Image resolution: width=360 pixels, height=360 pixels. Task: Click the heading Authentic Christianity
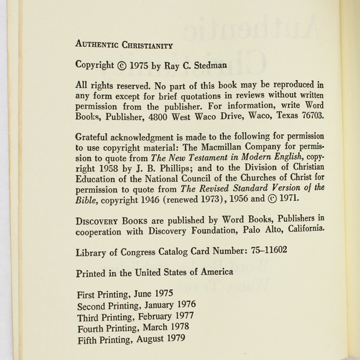(124, 45)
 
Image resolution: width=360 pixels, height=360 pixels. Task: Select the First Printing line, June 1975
(125, 294)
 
